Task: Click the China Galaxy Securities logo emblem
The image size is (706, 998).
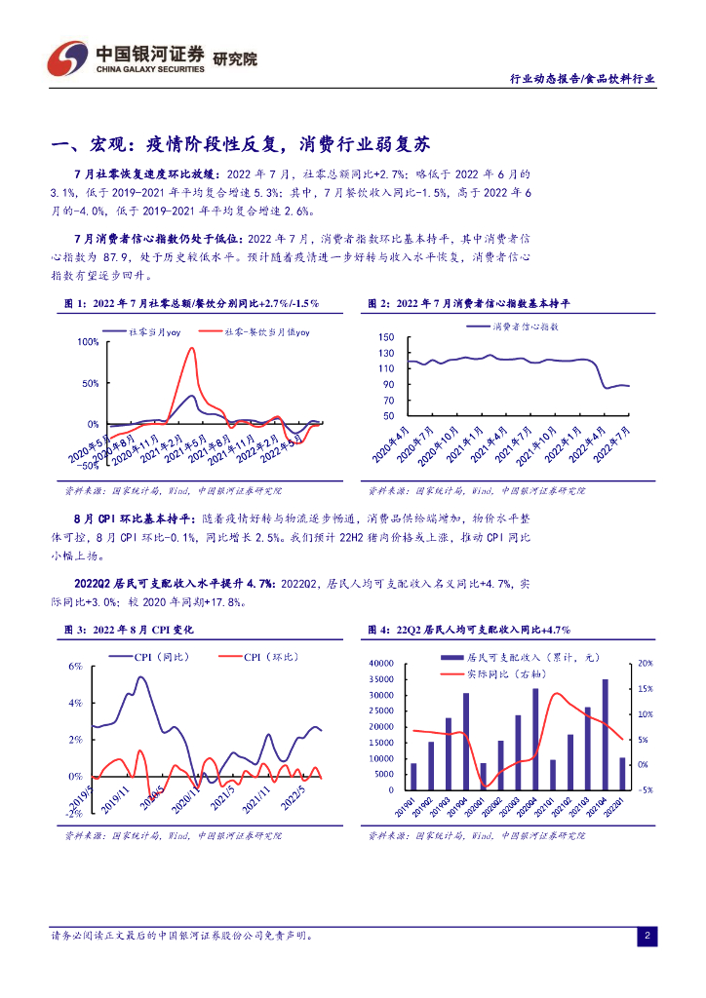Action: (69, 59)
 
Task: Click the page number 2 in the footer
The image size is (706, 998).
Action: (646, 937)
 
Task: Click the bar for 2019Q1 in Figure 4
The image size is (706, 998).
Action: (413, 777)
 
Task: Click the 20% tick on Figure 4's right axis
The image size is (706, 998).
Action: (645, 664)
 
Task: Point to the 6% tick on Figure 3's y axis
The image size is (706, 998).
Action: (75, 667)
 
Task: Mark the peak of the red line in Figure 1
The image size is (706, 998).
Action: (191, 349)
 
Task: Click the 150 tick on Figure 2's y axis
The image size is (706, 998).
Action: (387, 337)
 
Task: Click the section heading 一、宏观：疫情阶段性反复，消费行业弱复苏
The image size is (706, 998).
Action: (239, 145)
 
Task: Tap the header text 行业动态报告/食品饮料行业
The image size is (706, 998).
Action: (583, 79)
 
